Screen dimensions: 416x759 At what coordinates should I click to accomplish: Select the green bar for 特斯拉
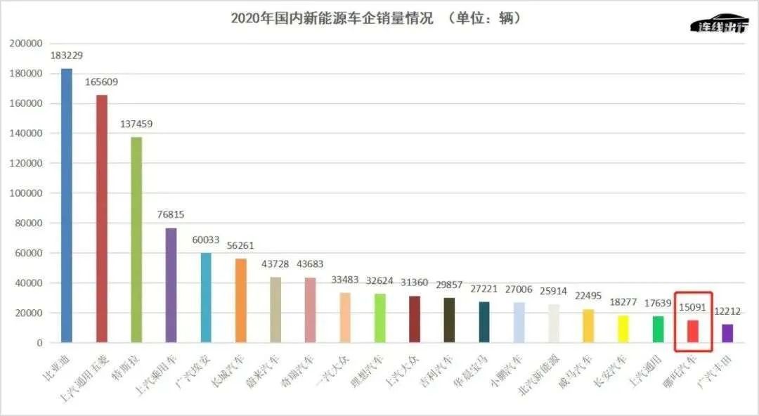136,240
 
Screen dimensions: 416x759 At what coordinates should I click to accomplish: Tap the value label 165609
101,82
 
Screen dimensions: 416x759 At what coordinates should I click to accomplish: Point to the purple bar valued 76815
171,285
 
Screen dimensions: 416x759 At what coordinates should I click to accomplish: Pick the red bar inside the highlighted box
693,331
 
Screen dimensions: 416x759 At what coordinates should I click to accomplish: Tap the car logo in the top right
720,24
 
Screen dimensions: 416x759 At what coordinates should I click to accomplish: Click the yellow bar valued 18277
623,329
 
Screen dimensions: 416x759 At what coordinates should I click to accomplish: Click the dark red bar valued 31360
415,319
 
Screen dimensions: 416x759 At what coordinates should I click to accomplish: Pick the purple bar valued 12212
727,333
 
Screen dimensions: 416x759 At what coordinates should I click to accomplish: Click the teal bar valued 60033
206,298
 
